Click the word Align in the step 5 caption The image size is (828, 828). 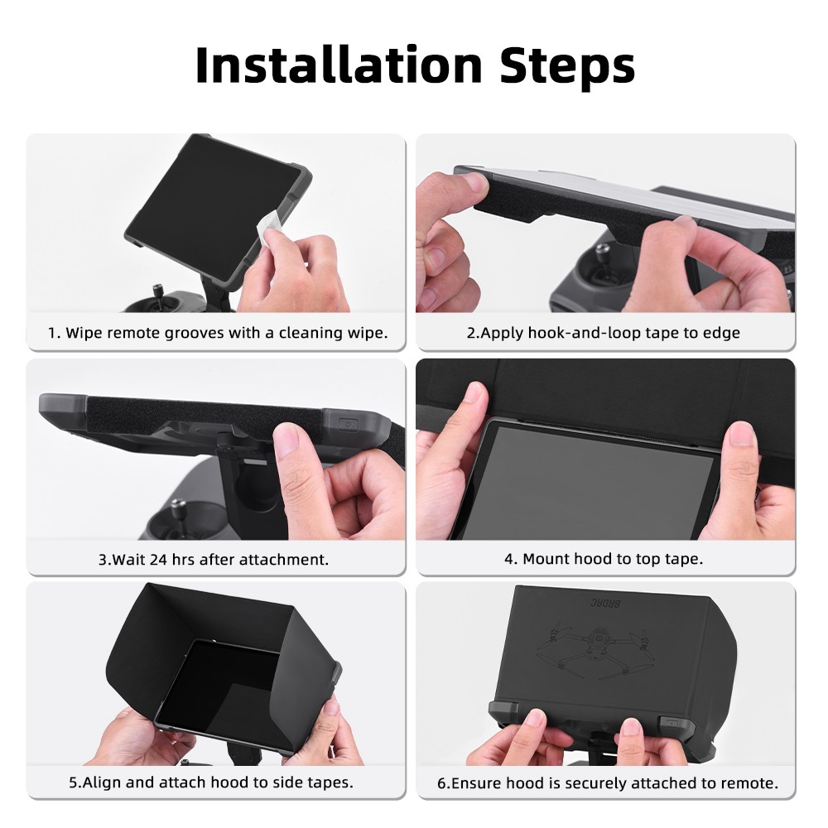[x=98, y=782]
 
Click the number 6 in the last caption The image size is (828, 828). [x=441, y=782]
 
